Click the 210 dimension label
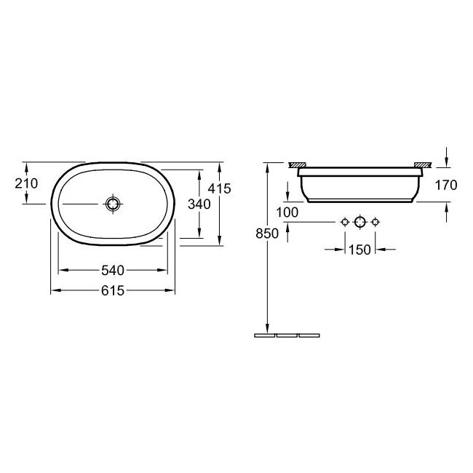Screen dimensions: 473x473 click(26, 183)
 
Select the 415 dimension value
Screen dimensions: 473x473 click(219, 188)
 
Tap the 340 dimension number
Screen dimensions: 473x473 click(199, 204)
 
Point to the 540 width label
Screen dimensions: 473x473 click(113, 270)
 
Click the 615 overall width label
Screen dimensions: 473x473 click(113, 290)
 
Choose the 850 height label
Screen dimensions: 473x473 click(267, 234)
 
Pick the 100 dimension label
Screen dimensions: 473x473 click(287, 212)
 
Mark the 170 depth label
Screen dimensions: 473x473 click(446, 185)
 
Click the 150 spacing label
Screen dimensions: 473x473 click(359, 250)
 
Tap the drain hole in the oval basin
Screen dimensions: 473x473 click(113, 204)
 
